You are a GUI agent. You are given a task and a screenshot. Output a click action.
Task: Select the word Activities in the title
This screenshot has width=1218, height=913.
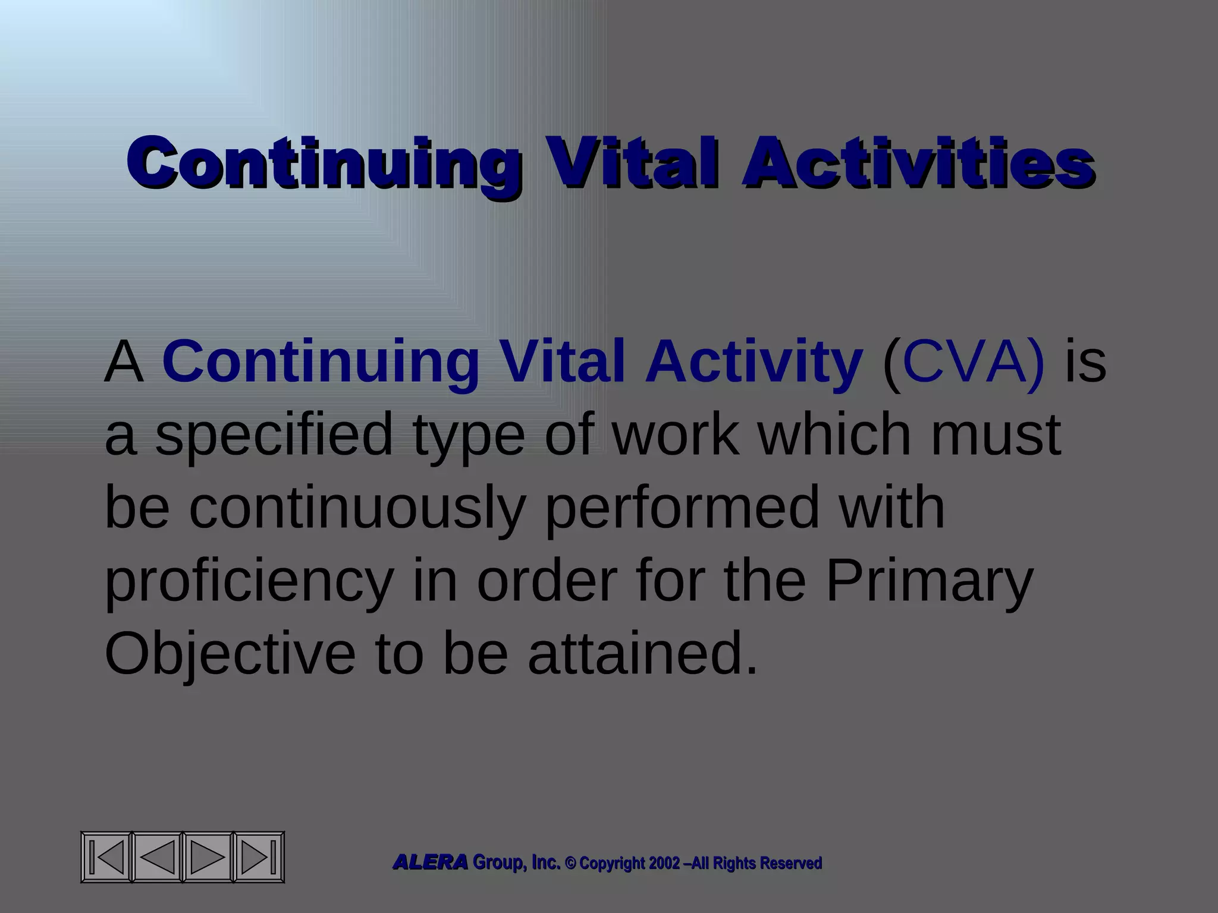[917, 163]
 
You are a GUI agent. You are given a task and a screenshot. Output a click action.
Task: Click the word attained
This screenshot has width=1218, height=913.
[642, 654]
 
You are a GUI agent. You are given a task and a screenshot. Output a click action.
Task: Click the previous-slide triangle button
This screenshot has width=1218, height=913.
[158, 857]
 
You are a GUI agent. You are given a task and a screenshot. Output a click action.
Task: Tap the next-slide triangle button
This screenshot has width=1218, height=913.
[208, 857]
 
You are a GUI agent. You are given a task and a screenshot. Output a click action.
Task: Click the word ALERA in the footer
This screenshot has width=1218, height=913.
[430, 862]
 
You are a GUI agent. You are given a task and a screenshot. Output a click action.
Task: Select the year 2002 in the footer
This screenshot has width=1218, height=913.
[664, 863]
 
